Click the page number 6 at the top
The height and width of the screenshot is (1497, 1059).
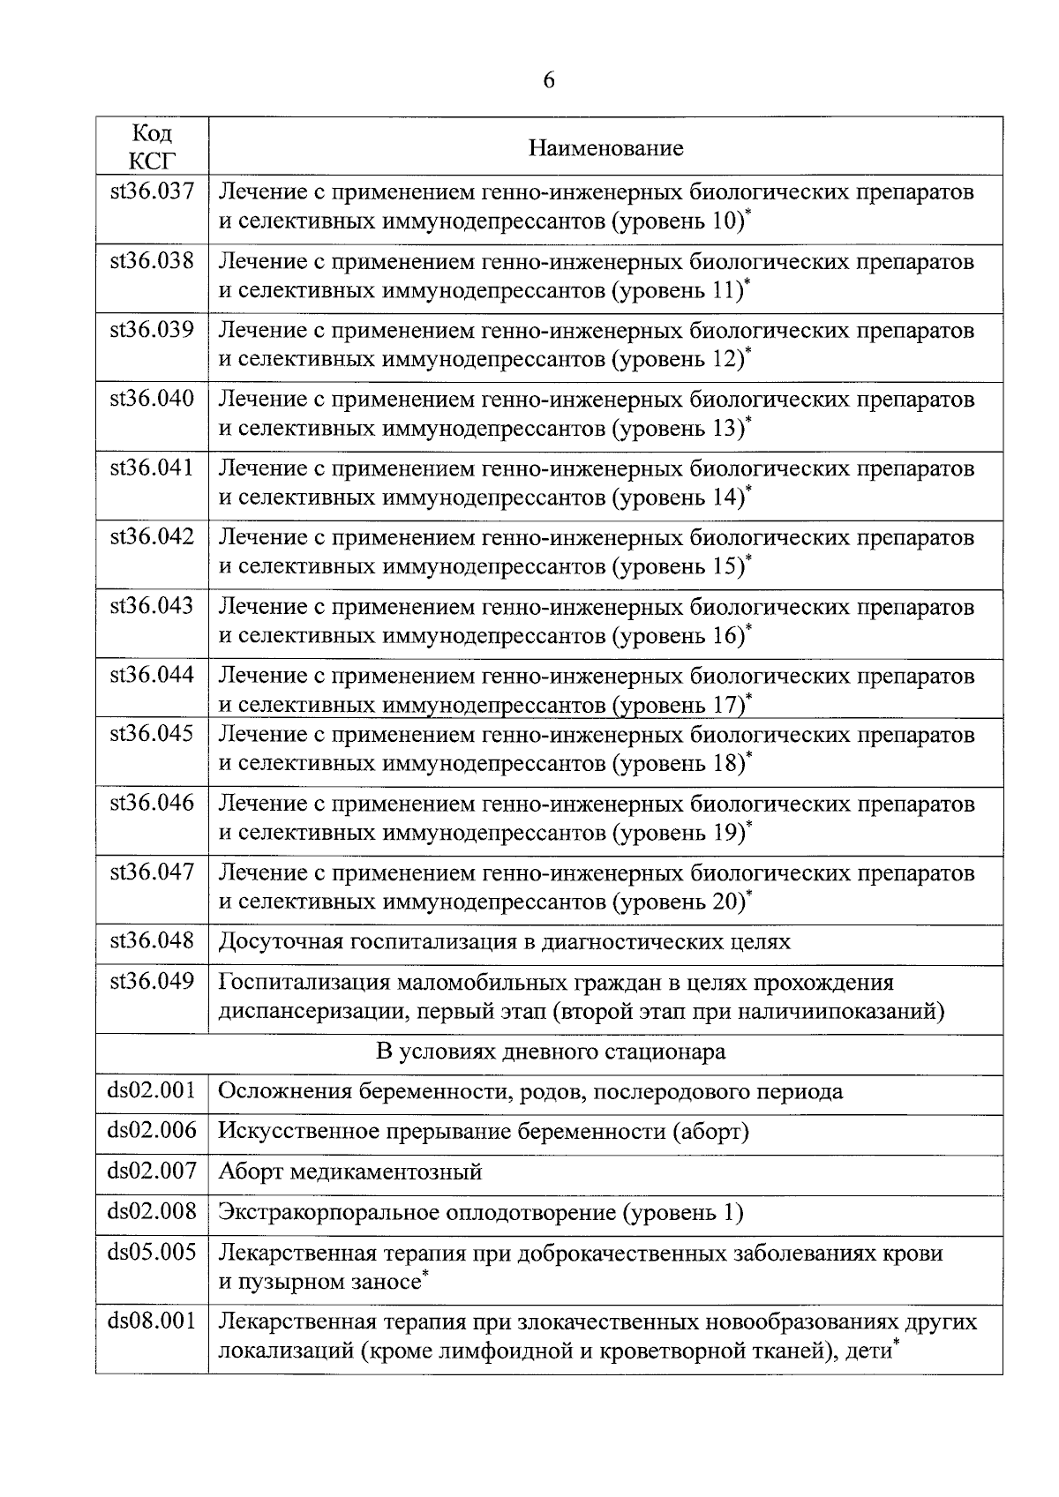[x=548, y=80]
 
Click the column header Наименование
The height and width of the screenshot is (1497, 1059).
[x=605, y=147]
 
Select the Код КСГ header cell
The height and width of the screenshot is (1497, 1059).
[x=152, y=146]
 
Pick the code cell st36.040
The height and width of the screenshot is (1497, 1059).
[x=152, y=399]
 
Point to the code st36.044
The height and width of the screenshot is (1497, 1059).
[x=152, y=676]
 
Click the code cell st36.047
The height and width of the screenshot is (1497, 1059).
[x=152, y=872]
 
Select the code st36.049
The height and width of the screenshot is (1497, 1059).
[x=152, y=981]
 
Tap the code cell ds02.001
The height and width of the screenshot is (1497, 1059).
[x=152, y=1091]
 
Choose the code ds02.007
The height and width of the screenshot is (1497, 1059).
[x=152, y=1171]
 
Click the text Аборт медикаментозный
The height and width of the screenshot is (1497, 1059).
[x=350, y=1172]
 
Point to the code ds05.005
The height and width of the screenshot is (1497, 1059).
[x=152, y=1252]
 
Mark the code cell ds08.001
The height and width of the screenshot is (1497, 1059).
[x=152, y=1321]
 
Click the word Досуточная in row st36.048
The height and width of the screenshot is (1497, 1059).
[x=280, y=941]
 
